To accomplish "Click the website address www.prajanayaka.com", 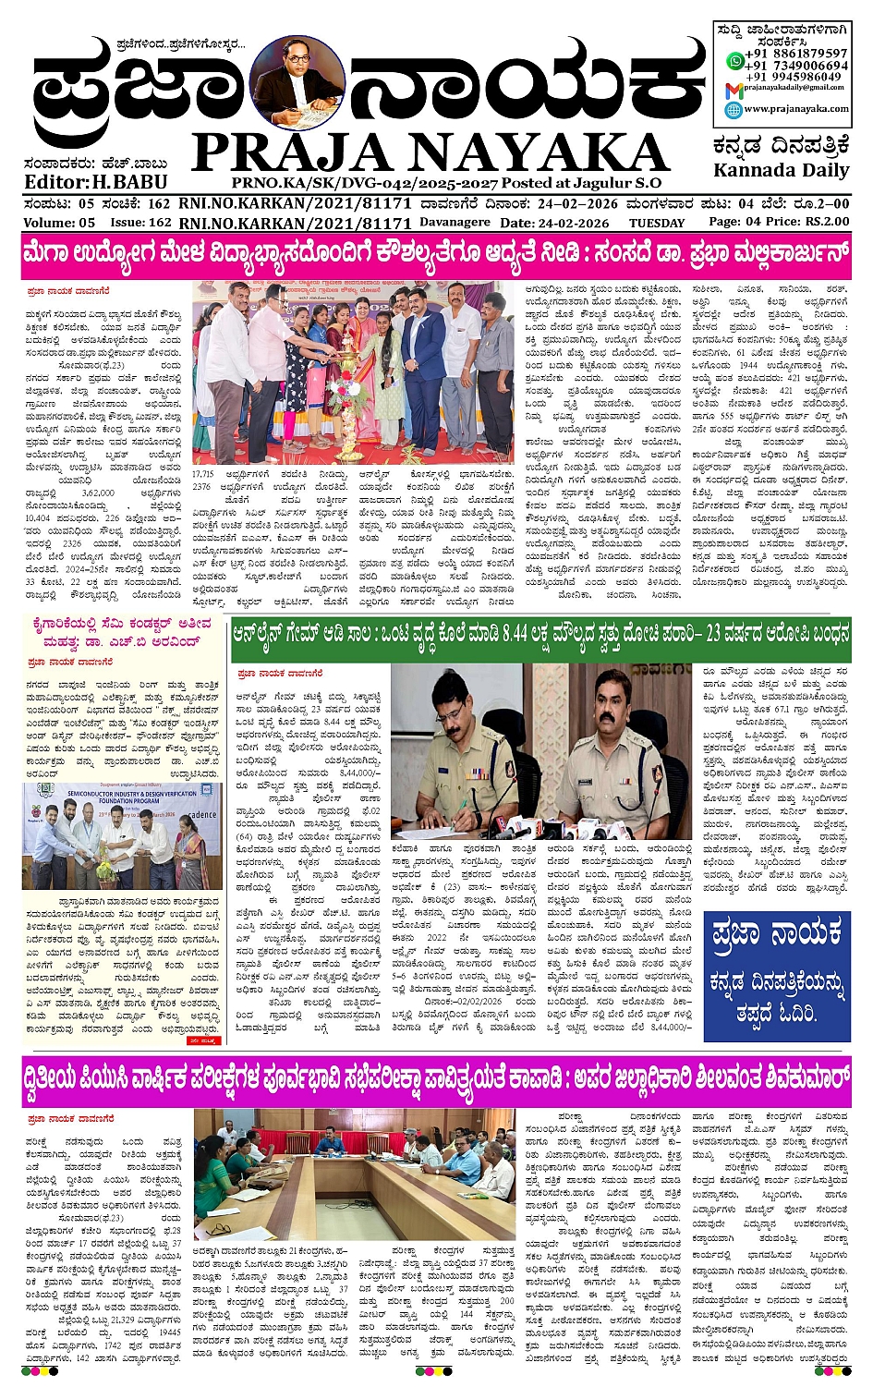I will click(796, 109).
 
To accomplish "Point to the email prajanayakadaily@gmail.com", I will click(794, 88).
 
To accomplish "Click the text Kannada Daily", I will click(781, 170).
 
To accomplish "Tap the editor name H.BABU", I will click(129, 182).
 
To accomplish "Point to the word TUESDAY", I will click(657, 223).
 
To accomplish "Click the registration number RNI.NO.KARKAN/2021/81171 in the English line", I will click(295, 223).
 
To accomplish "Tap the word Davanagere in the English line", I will click(455, 223).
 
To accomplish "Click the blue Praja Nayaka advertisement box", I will click(776, 976).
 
